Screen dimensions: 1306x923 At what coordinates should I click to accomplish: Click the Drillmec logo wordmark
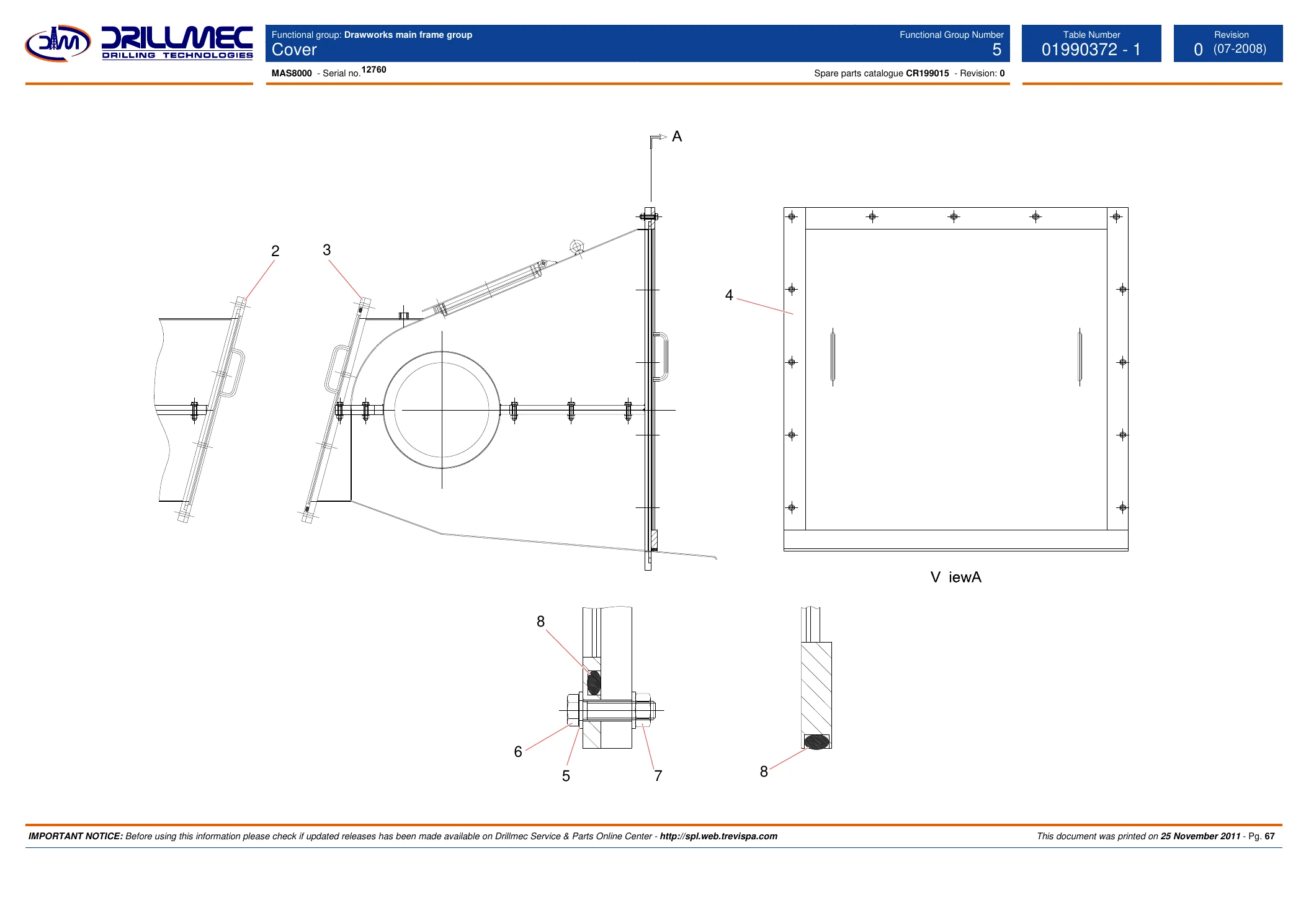coord(177,43)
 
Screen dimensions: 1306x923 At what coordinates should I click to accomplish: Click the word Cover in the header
coord(294,50)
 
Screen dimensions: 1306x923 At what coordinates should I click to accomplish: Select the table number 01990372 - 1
coord(1091,50)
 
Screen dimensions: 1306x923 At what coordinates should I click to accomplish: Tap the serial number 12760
coord(373,69)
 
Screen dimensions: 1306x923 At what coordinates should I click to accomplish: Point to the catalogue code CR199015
coord(927,73)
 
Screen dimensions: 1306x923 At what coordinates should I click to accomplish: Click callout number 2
coord(275,251)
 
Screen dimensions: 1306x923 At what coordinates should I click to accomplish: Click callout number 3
coord(327,250)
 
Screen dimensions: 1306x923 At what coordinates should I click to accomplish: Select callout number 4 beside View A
coord(729,295)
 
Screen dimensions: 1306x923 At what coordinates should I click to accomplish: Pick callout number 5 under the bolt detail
coord(566,776)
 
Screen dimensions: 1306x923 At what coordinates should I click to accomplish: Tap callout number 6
coord(518,752)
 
